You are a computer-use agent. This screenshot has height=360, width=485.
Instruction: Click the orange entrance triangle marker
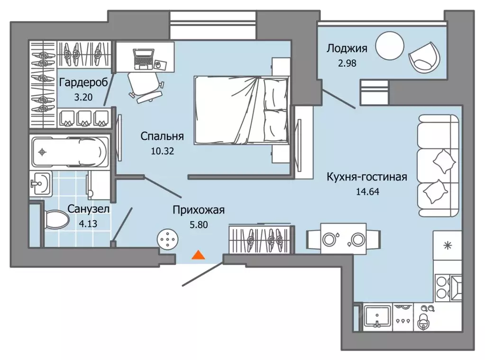198,255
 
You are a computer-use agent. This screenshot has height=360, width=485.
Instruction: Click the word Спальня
162,136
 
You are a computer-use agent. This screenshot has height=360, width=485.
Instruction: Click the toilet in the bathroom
56,220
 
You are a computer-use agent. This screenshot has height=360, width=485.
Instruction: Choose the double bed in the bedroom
241,109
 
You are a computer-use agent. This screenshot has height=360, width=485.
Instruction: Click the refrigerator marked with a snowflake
447,246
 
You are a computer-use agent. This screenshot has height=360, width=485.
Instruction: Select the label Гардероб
84,82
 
